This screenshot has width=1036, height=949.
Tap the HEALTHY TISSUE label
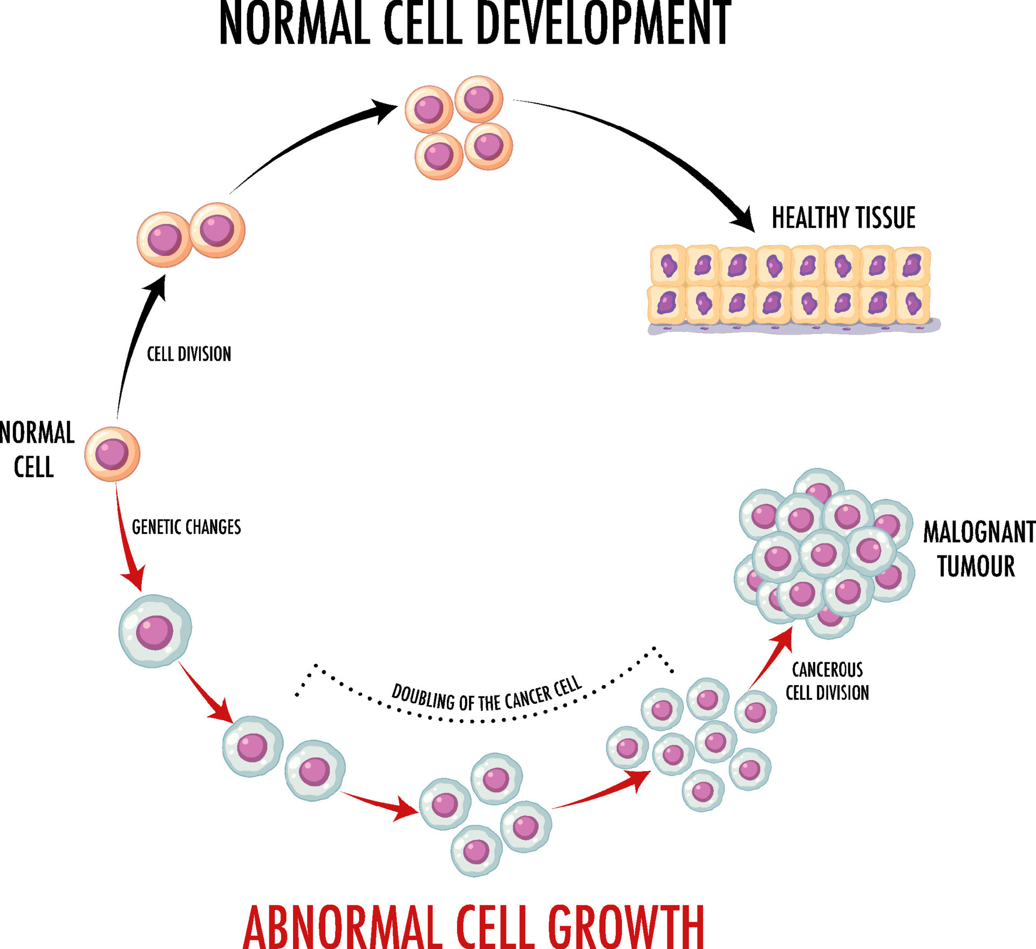click(x=843, y=218)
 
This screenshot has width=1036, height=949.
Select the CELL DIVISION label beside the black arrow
click(x=189, y=354)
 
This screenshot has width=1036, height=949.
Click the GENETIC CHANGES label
click(x=186, y=527)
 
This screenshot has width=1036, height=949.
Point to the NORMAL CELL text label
click(x=37, y=450)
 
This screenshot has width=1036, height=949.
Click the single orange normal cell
click(x=112, y=454)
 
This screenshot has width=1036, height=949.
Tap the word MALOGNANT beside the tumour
click(x=979, y=532)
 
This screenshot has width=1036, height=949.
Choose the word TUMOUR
click(x=976, y=566)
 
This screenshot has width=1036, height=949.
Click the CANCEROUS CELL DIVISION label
click(x=827, y=681)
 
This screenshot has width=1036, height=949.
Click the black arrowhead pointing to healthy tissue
click(x=743, y=220)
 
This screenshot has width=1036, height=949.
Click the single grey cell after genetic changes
click(x=155, y=631)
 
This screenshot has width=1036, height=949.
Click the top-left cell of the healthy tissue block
click(x=668, y=265)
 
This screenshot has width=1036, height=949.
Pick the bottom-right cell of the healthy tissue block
click(x=912, y=304)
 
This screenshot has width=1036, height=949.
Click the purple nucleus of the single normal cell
click(x=112, y=453)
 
